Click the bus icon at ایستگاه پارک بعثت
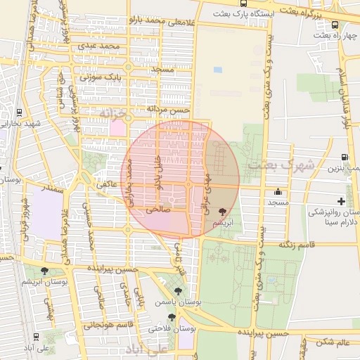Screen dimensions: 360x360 point(243,4)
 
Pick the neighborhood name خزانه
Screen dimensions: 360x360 point(114,112)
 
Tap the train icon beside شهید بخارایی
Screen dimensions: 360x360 point(18,112)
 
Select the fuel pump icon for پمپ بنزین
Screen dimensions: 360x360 point(345,157)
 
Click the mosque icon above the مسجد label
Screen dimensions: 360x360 point(278,191)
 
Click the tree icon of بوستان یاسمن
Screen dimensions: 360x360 point(177,290)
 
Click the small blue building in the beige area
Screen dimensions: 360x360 point(217,70)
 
